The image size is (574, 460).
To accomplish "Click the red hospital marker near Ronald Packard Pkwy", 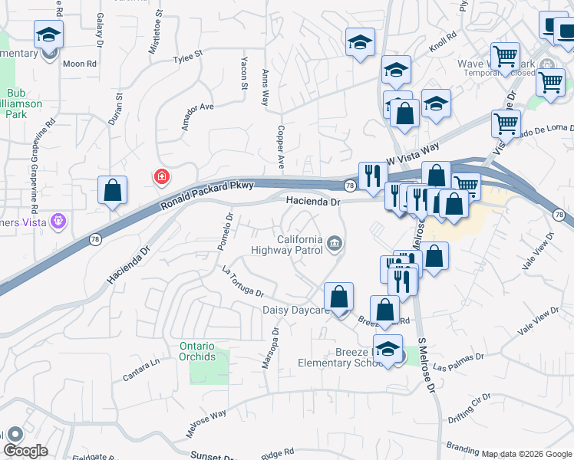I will [x=161, y=177].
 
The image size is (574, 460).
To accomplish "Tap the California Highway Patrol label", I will [x=288, y=245].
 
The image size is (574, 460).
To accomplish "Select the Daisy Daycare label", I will [x=295, y=310].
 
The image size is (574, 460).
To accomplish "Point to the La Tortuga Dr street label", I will [x=242, y=282].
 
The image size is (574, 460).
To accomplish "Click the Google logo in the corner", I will [x=25, y=451].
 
